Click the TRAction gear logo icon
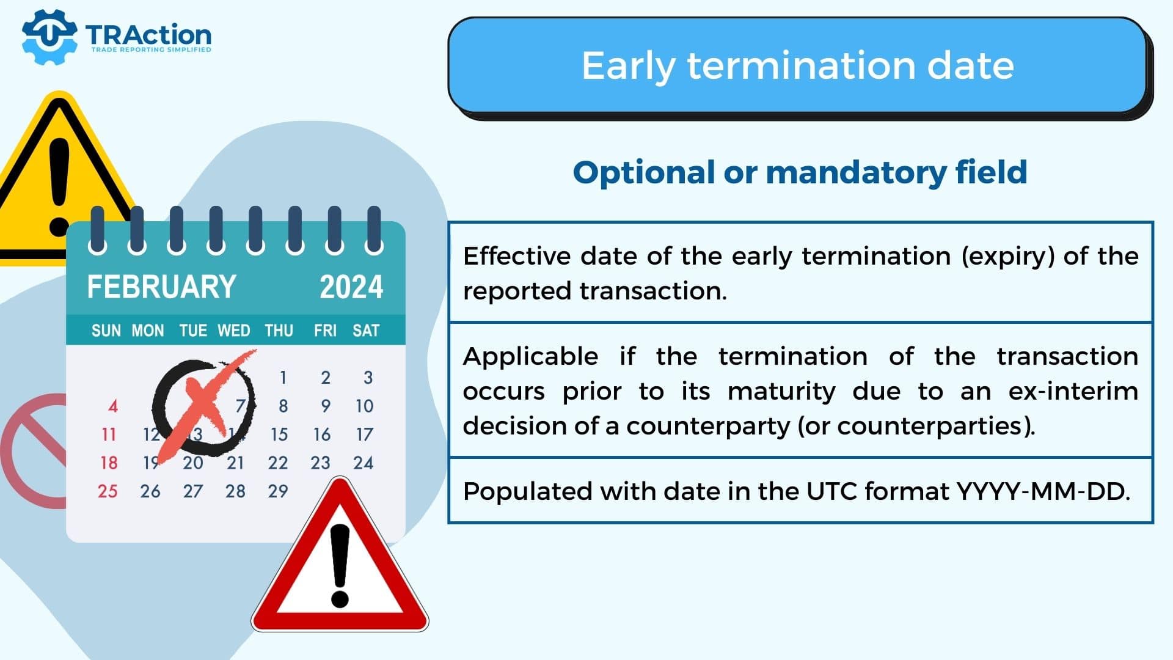click(x=49, y=37)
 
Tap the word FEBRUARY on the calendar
click(x=161, y=287)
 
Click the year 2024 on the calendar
click(x=351, y=287)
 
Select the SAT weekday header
click(x=366, y=331)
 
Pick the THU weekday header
click(x=279, y=331)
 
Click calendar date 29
click(x=278, y=491)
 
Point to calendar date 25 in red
click(x=108, y=491)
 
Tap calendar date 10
click(x=364, y=406)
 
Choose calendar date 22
click(x=278, y=463)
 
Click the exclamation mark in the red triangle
click(x=340, y=565)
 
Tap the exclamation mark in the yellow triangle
click(x=59, y=186)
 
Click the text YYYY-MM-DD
click(x=1043, y=491)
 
